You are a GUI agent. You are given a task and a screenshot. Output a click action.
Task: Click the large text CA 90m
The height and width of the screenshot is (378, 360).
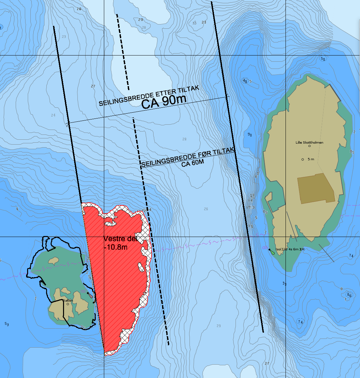click(x=164, y=102)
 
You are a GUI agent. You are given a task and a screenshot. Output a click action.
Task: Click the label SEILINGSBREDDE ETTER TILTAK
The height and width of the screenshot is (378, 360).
click(x=149, y=96)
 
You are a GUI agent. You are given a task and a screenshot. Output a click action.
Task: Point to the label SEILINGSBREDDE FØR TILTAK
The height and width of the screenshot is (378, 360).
click(x=188, y=157)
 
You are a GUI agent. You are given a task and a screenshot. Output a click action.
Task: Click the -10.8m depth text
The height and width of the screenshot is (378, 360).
click(x=116, y=247)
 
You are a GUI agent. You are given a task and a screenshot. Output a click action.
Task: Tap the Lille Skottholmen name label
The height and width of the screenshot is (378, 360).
click(x=309, y=142)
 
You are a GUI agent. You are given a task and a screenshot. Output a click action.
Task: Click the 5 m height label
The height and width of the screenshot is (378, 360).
click(x=311, y=159)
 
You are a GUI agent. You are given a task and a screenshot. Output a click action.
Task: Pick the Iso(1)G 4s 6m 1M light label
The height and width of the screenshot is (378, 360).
click(x=290, y=249)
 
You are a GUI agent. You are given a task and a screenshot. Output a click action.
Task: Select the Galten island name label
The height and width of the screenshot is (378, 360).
click(x=68, y=300)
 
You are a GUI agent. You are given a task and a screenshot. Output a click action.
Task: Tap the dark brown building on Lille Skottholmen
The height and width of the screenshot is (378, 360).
click(x=316, y=188)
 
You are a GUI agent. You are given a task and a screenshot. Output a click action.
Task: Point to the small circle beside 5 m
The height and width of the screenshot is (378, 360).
click(x=303, y=159)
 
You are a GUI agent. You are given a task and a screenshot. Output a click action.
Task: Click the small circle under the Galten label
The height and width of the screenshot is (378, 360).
click(x=68, y=304)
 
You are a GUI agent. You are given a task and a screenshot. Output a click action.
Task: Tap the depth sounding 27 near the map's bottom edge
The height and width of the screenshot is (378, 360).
click(x=267, y=363)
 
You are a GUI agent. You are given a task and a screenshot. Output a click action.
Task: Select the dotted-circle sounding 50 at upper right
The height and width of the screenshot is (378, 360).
click(x=323, y=59)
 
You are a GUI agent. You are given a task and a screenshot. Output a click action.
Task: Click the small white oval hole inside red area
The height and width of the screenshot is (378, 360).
click(x=141, y=267)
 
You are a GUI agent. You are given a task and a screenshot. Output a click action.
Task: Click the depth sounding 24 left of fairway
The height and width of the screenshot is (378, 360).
click(x=53, y=115)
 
